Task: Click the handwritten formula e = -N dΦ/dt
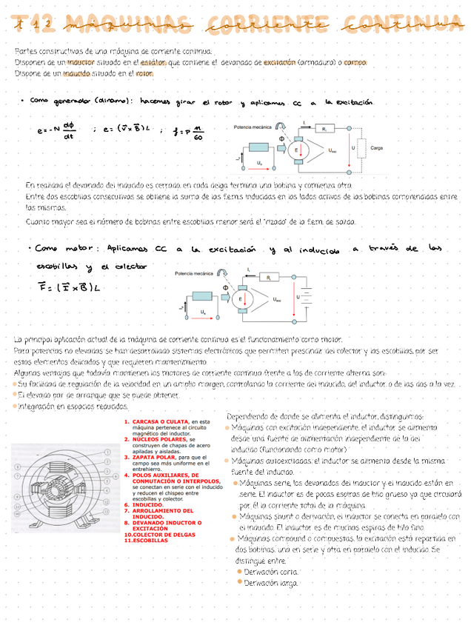[x=59, y=130]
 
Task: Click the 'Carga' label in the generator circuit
[x=376, y=148]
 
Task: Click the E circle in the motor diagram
[x=240, y=299]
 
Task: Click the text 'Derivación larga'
[x=271, y=583]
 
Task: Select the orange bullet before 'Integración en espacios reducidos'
[x=15, y=407]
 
